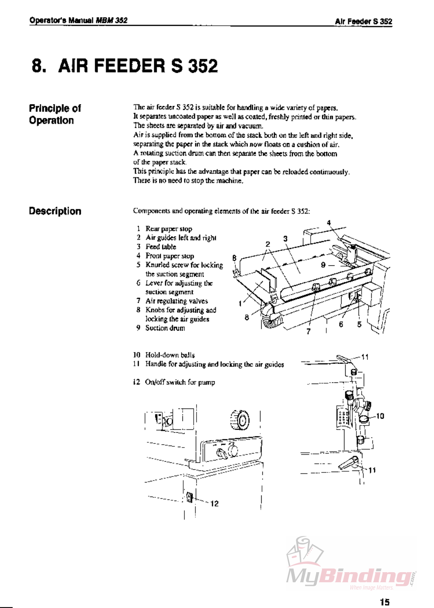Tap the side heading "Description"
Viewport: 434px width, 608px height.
pyautogui.click(x=55, y=211)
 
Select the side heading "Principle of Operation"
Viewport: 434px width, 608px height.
pyautogui.click(x=55, y=114)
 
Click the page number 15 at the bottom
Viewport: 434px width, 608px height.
pyautogui.click(x=385, y=602)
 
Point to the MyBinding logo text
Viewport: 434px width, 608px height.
pyautogui.click(x=350, y=576)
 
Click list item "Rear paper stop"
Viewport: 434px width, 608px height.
pyautogui.click(x=168, y=229)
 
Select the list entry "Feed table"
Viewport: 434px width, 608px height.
pyautogui.click(x=160, y=247)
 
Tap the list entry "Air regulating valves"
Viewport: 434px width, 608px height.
pyautogui.click(x=176, y=301)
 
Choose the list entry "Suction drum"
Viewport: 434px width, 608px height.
pyautogui.click(x=165, y=328)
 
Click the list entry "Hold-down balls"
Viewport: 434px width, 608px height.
pyautogui.click(x=170, y=355)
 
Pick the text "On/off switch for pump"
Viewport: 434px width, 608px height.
pyautogui.click(x=180, y=382)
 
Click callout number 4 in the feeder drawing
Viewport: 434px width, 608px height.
pyautogui.click(x=329, y=222)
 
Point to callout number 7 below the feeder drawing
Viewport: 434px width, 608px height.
pyautogui.click(x=308, y=331)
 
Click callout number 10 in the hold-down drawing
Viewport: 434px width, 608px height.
pyautogui.click(x=380, y=416)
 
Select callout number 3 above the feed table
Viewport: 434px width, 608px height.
pyautogui.click(x=285, y=238)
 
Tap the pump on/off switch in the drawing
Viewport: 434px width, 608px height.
pyautogui.click(x=190, y=497)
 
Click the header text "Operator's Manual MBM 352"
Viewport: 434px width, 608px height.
pyautogui.click(x=78, y=20)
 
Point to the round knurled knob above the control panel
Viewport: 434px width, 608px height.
pyautogui.click(x=240, y=420)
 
